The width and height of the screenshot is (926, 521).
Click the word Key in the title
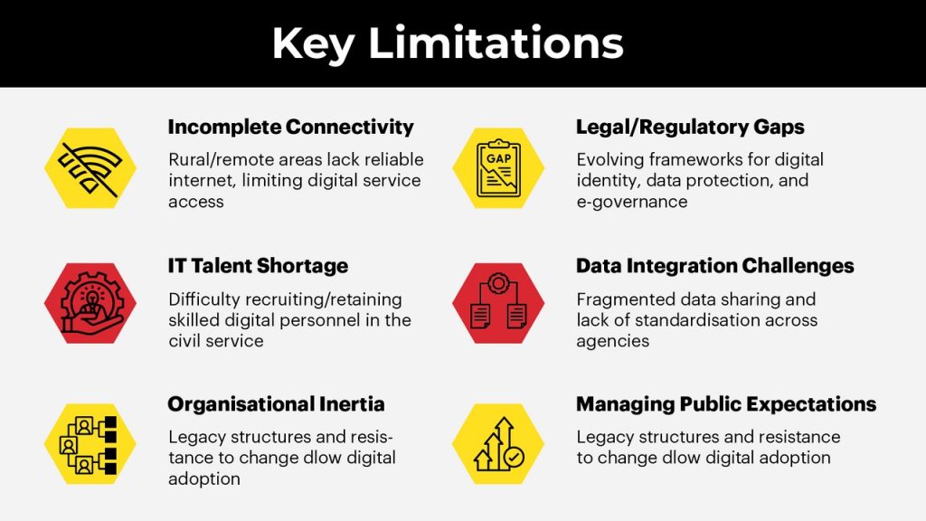click(314, 43)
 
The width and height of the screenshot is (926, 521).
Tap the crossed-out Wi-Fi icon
click(90, 168)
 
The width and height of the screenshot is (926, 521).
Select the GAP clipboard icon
click(498, 168)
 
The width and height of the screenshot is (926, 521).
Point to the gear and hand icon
click(90, 303)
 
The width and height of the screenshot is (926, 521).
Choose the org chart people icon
click(89, 444)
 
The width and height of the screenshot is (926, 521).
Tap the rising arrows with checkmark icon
click(499, 443)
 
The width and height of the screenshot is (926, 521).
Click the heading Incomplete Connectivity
click(290, 127)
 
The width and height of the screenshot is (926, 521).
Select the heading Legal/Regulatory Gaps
click(690, 127)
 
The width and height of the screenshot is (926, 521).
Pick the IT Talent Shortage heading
click(258, 266)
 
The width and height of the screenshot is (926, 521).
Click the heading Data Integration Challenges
click(715, 266)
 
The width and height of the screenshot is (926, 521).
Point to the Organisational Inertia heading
click(277, 404)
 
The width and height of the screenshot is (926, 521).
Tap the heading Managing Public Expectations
click(726, 404)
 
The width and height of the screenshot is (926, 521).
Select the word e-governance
click(632, 202)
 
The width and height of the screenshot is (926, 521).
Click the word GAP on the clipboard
click(498, 158)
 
